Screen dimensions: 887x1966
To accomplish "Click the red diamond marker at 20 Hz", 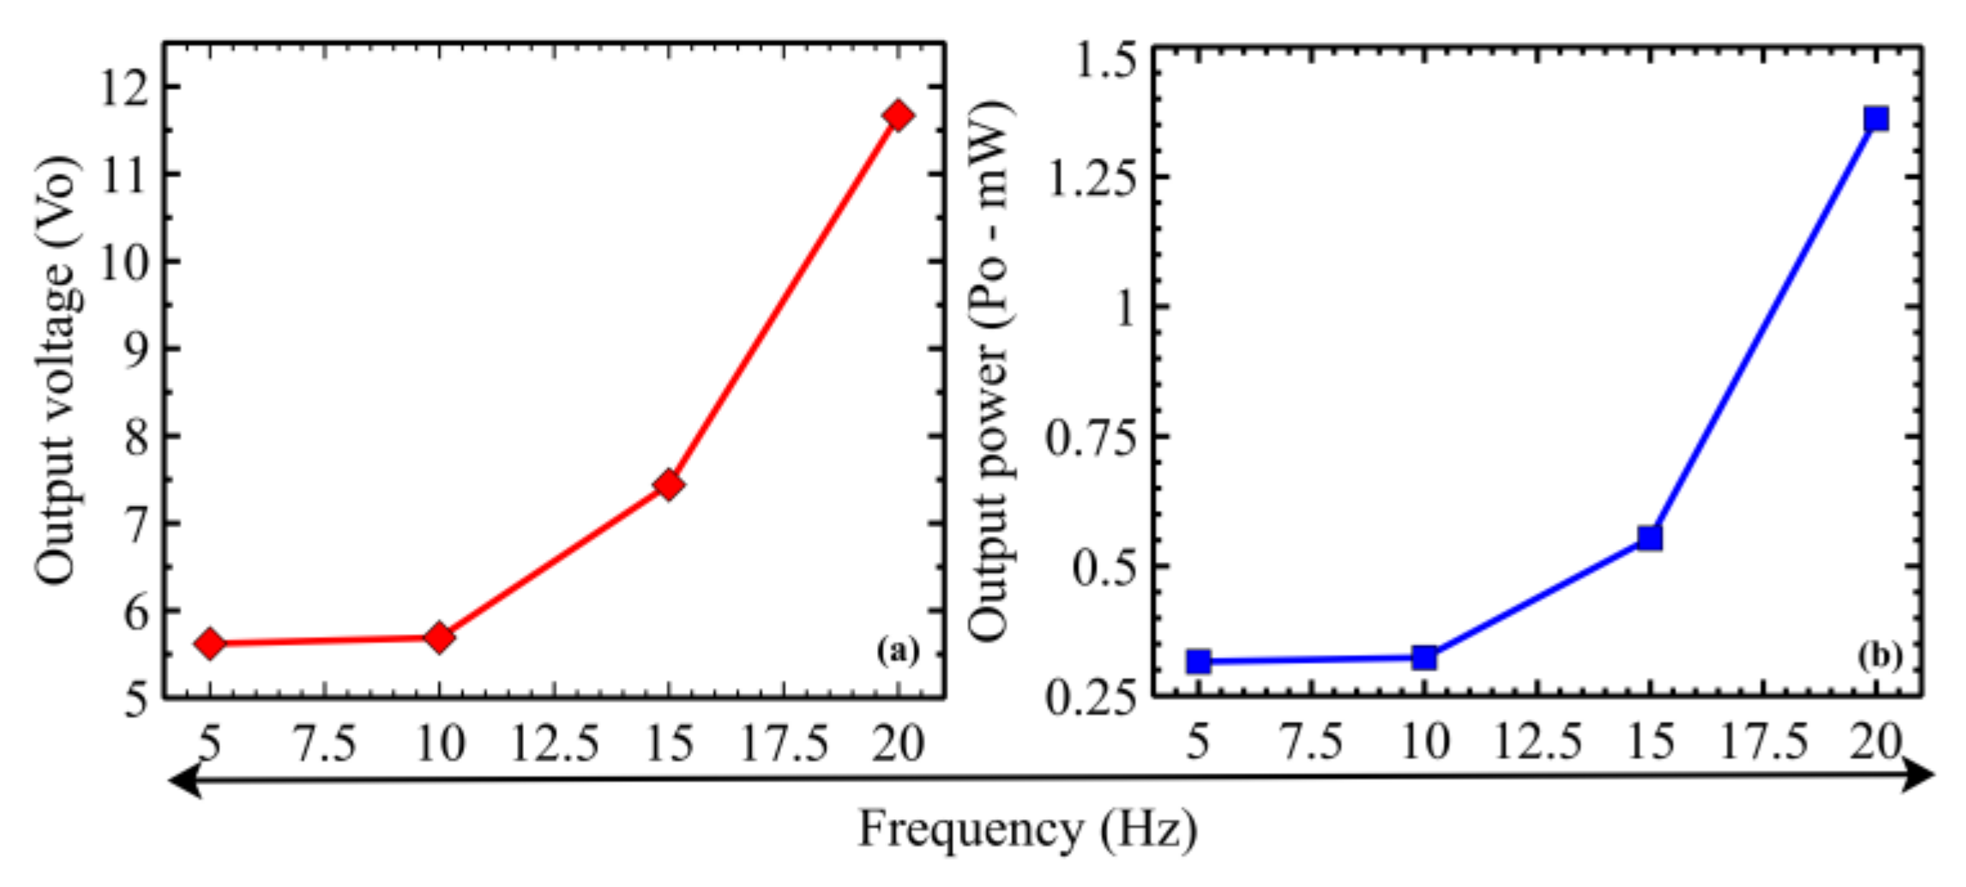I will click(898, 116).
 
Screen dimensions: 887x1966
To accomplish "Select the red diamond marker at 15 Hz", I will click(669, 485).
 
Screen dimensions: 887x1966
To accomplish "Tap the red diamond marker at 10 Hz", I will click(439, 637).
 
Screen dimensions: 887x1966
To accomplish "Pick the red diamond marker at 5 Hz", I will click(210, 643).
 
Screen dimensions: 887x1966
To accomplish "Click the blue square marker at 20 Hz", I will click(1876, 118).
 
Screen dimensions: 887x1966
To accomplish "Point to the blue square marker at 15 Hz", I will click(1650, 538).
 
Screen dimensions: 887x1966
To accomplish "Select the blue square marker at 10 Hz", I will click(1424, 658).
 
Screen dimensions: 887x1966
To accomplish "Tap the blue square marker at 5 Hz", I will click(1199, 661).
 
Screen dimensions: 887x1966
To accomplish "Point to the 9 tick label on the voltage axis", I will click(137, 349).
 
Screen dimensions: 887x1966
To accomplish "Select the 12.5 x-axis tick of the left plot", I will click(554, 743).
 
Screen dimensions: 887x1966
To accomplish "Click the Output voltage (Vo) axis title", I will click(57, 371).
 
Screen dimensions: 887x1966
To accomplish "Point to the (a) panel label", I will click(897, 651).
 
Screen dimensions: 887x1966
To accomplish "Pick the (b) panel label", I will click(1879, 656).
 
